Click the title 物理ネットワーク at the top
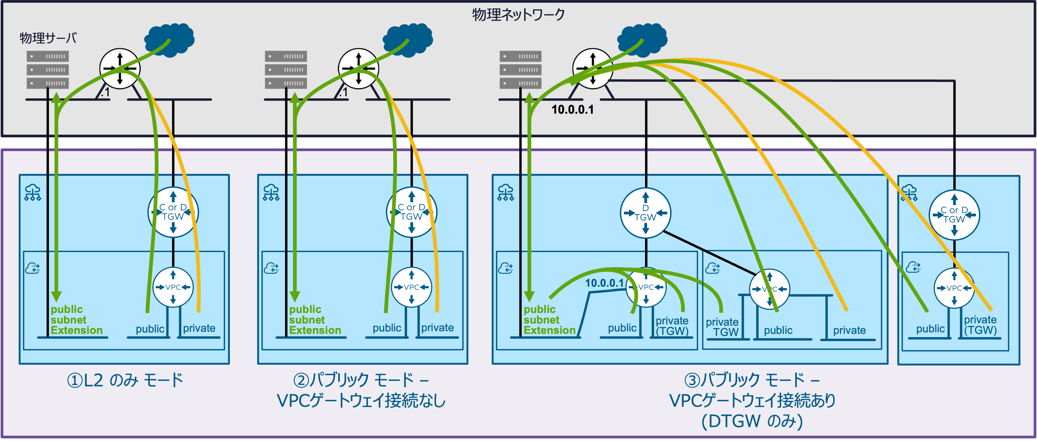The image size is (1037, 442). coord(518,15)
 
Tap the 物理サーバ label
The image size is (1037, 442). coord(48,38)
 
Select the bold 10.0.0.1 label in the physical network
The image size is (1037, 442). coord(572,109)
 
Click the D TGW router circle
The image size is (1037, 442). coord(645,213)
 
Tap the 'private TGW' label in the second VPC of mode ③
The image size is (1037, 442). coord(722,327)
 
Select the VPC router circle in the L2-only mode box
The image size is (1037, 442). coord(173,287)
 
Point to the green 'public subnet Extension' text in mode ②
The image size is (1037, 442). coord(315,320)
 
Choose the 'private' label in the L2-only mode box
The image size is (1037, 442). coord(199,328)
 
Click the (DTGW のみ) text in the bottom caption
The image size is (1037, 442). coord(752,421)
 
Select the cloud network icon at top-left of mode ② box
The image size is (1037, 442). coord(271,193)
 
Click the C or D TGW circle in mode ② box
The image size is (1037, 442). coord(411,212)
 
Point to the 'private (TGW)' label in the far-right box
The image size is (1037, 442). coord(980,325)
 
